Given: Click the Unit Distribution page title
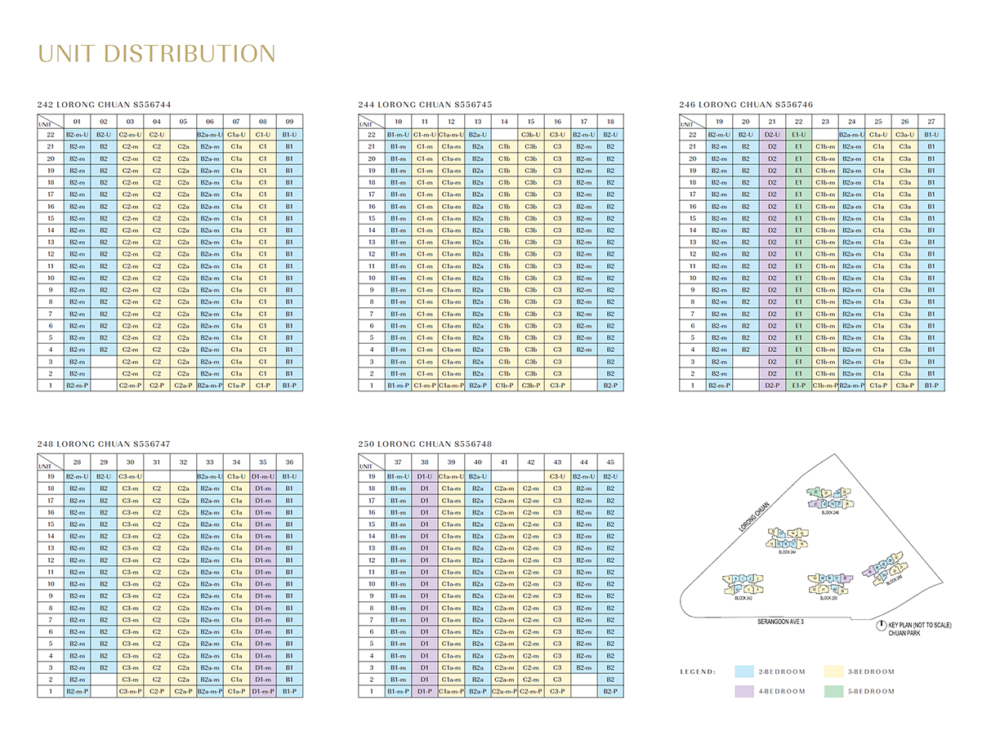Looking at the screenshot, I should [x=157, y=54].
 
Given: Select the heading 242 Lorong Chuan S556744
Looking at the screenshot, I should [x=104, y=105].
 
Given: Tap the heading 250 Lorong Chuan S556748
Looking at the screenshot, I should [x=425, y=444].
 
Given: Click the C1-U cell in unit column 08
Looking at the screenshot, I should [x=262, y=135].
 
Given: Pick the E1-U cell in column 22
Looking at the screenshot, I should [x=798, y=135].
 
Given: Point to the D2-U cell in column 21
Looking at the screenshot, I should [x=772, y=135].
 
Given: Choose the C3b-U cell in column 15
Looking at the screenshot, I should [x=530, y=135].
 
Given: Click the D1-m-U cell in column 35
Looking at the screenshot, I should [x=262, y=476].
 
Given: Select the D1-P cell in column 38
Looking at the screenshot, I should [x=424, y=691].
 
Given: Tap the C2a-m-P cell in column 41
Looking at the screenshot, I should [x=504, y=691].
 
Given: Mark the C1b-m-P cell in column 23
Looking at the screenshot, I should [x=825, y=385].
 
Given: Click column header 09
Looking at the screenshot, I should [x=289, y=122].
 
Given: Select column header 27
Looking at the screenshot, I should [x=931, y=122].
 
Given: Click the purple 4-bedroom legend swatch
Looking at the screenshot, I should [x=743, y=691].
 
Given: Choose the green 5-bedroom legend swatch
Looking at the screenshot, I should [x=833, y=691].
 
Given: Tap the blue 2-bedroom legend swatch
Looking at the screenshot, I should [x=743, y=671].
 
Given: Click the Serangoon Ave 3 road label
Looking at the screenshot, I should [x=780, y=622].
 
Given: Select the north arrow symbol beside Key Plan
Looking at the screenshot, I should [x=881, y=626].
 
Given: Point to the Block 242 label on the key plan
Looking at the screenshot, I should [x=743, y=598].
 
